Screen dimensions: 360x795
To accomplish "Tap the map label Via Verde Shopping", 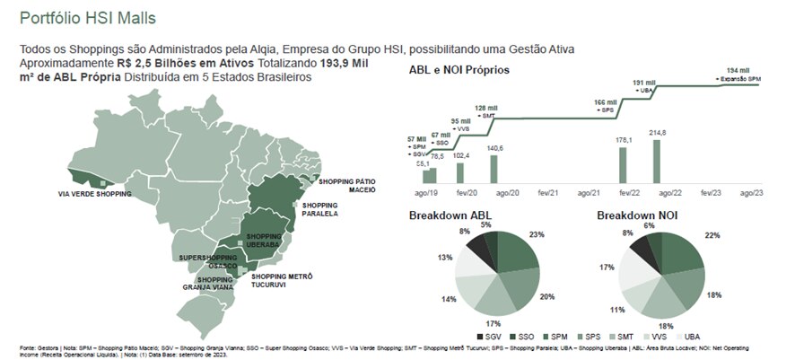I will coord(94,194).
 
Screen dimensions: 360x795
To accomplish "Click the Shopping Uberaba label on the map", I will coord(265,240).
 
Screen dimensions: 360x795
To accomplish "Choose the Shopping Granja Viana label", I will coord(214,284).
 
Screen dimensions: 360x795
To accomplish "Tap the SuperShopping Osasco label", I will coord(208,261).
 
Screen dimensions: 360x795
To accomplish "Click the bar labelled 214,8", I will coord(656,162).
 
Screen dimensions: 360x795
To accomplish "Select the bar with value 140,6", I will coord(494,170).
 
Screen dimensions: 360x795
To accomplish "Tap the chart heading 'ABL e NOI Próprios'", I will coord(459,69).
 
